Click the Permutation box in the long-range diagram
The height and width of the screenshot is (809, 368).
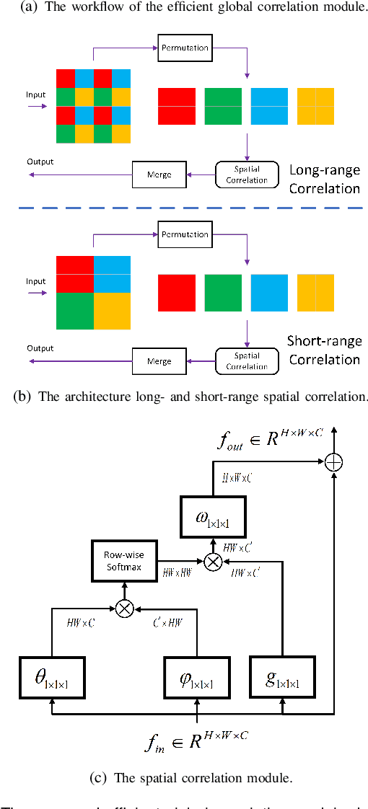coord(183,48)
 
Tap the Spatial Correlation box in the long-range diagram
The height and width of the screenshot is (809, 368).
coord(247,175)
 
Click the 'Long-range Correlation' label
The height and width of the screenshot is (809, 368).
coord(324,180)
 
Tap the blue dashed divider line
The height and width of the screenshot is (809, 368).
coord(184,207)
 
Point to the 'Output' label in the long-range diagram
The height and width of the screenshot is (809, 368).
coord(40,162)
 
